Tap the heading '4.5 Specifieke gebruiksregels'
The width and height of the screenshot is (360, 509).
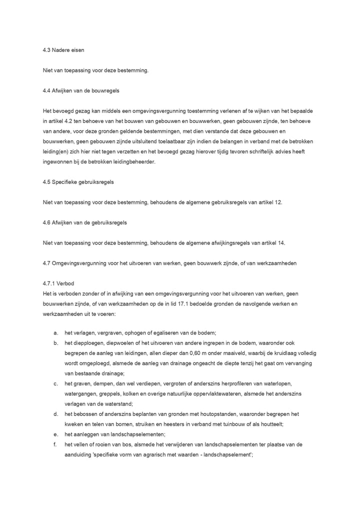[x=78, y=182]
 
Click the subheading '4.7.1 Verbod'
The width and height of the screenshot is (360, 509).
[x=58, y=283]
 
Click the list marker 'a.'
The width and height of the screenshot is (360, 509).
[x=55, y=332]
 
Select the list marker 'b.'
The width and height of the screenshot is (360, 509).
[x=55, y=343]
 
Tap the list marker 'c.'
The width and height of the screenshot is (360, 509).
[x=55, y=383]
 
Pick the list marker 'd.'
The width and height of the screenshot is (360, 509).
[x=55, y=414]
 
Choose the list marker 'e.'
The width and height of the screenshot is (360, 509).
[x=55, y=434]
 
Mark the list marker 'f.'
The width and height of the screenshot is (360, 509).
[x=55, y=444]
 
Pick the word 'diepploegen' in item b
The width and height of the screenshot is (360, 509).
[x=89, y=343]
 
